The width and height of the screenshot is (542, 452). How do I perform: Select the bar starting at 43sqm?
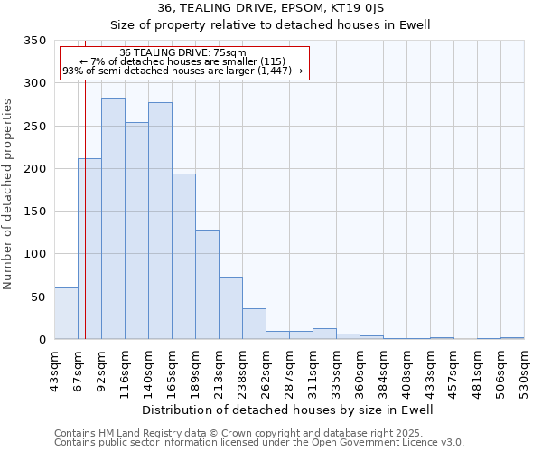coord(66,314)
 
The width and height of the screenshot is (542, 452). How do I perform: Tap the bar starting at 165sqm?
coord(183,257)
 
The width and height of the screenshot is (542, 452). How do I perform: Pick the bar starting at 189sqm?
coord(207,285)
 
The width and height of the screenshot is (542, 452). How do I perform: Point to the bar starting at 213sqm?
coord(230,308)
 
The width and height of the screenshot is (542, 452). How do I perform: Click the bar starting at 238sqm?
coord(254,324)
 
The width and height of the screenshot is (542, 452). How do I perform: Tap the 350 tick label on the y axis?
coord(34,42)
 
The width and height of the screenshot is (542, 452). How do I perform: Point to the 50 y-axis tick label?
coord(38,297)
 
